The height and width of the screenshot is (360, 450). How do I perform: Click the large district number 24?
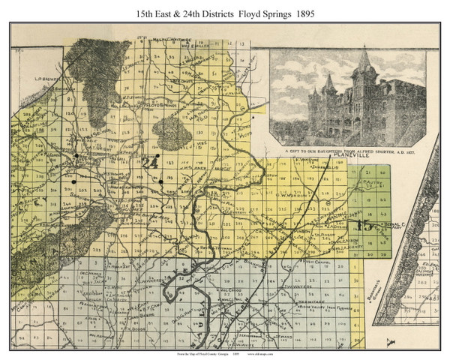click(149, 162)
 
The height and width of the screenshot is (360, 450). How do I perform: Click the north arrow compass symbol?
click(388, 341)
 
